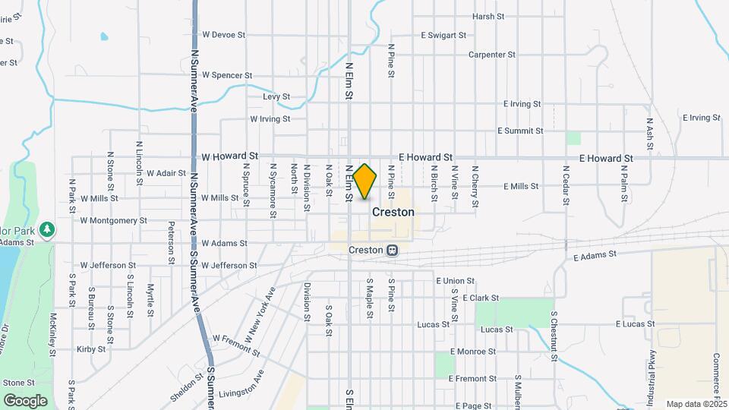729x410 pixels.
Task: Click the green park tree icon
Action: [47, 229]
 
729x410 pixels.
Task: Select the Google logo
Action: [25, 400]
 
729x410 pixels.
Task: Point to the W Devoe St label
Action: [224, 35]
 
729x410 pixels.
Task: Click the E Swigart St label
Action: [443, 35]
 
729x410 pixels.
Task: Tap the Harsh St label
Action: [488, 16]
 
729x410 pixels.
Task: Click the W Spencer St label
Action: [227, 75]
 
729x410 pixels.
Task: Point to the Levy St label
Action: [276, 96]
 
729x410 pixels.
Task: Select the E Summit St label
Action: [520, 131]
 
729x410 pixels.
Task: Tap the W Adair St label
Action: [166, 173]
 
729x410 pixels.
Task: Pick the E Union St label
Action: [455, 281]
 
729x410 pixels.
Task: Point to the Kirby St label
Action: [91, 349]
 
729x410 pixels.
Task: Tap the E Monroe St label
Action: [472, 352]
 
